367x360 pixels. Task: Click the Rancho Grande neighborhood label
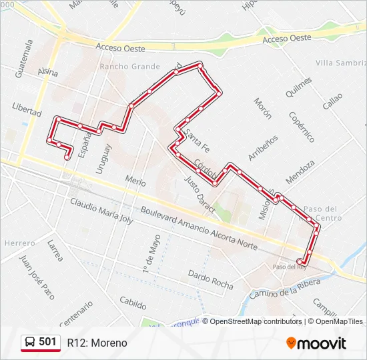tap(129, 67)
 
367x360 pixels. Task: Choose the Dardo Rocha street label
tap(210, 279)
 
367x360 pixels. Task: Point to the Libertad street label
tap(27, 109)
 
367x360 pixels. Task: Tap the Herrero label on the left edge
tap(19, 243)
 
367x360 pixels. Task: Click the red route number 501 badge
tap(41, 342)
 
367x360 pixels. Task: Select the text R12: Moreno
tap(97, 343)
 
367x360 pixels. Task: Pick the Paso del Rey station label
tap(289, 267)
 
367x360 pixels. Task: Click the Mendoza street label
tap(300, 172)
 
